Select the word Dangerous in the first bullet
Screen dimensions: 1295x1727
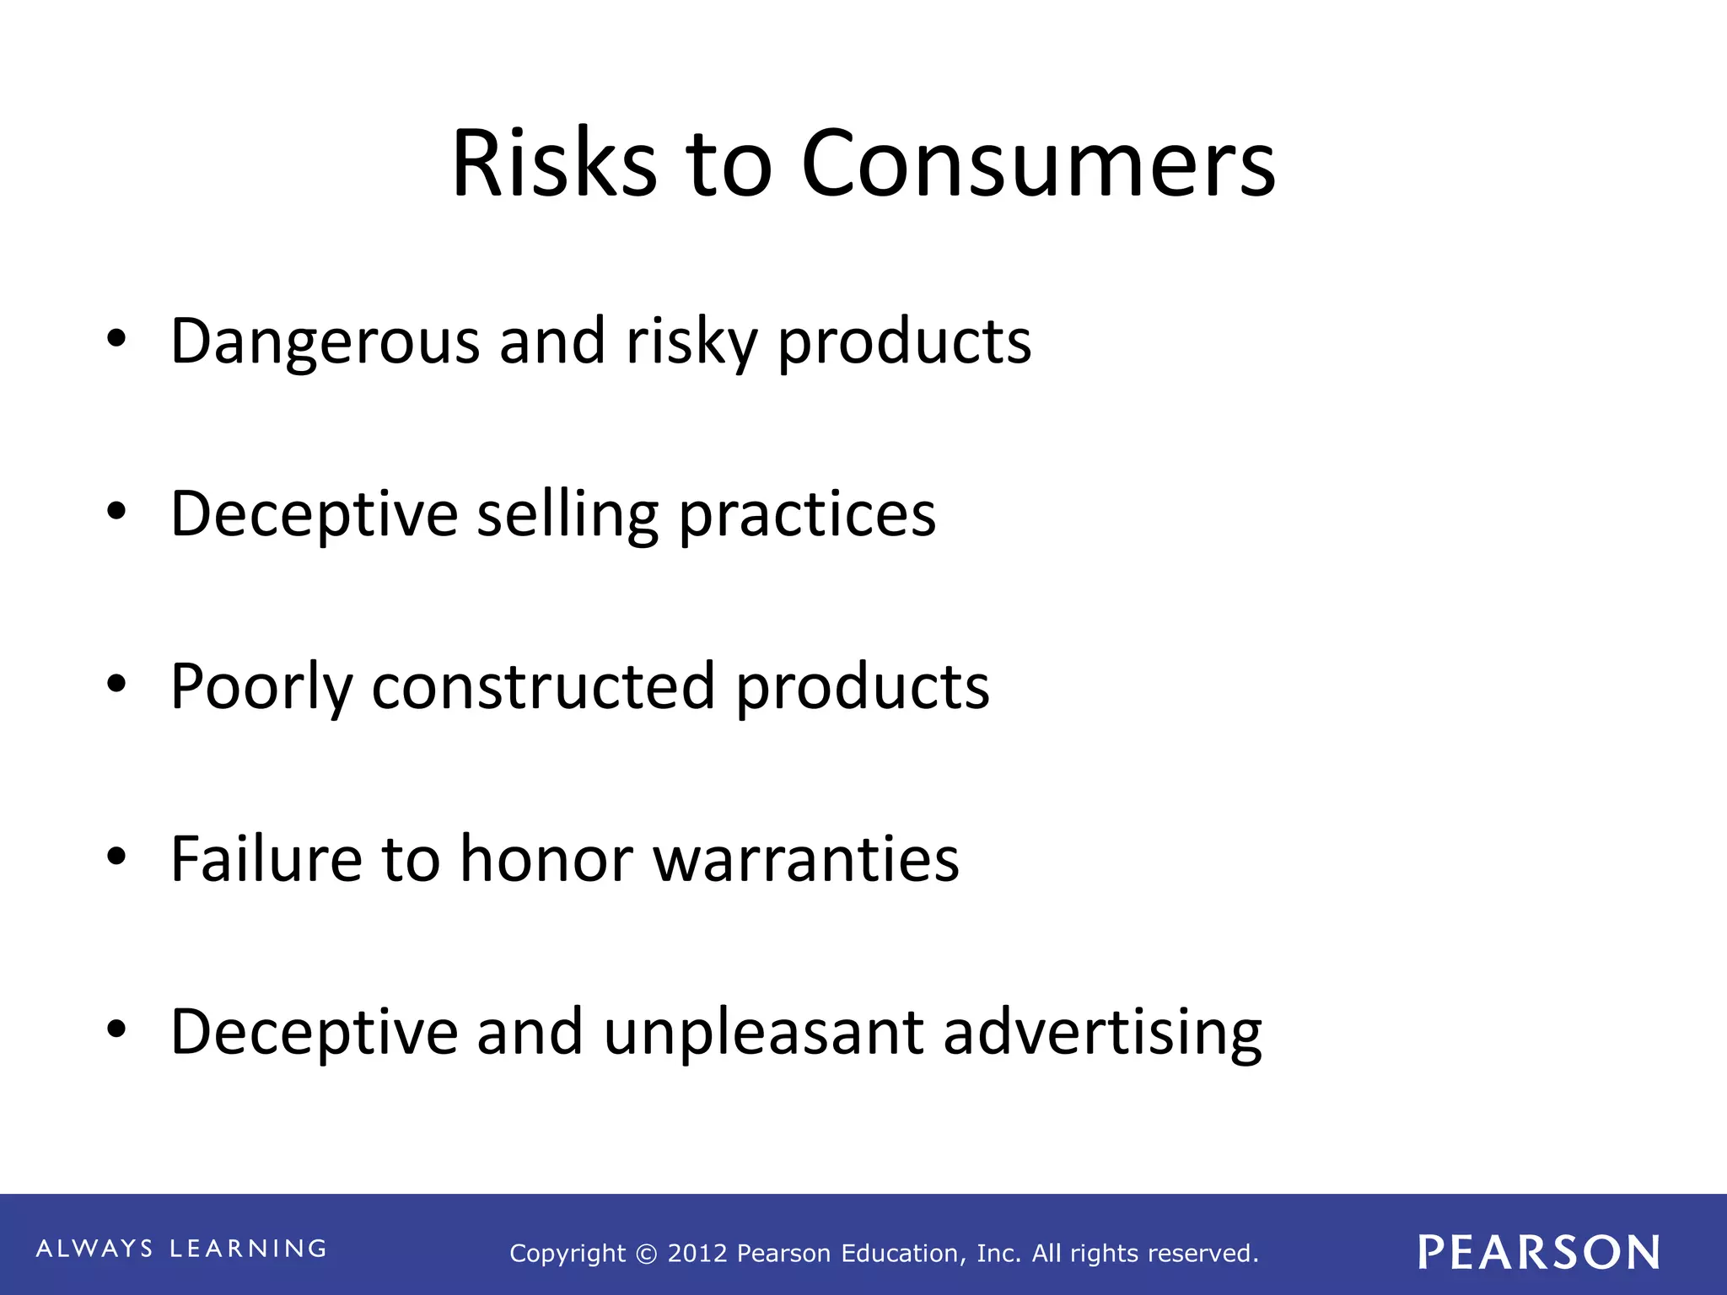(325, 341)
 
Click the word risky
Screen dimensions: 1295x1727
(691, 341)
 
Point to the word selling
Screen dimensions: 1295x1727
(568, 514)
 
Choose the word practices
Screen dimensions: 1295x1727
(807, 514)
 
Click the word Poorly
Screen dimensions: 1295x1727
(261, 687)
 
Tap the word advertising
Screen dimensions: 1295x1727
(1102, 1033)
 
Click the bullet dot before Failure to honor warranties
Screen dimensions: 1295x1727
(116, 857)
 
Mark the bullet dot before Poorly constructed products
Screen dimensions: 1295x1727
(116, 685)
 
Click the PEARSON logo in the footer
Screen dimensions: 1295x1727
(1539, 1252)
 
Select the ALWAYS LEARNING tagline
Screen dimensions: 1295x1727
(181, 1249)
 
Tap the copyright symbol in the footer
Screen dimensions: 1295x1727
(646, 1255)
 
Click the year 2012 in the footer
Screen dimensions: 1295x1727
(698, 1254)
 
